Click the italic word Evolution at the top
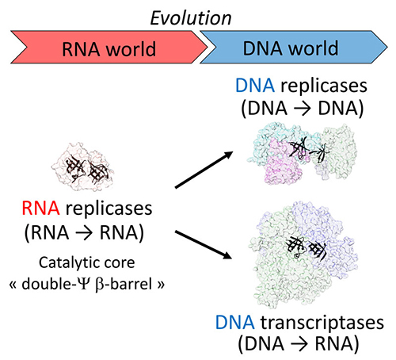click(x=191, y=18)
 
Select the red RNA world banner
click(x=109, y=47)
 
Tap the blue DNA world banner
click(x=294, y=47)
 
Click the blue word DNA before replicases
click(x=255, y=86)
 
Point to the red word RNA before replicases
click(x=40, y=209)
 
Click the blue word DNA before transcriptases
click(x=235, y=323)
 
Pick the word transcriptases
click(x=322, y=324)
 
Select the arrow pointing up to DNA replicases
click(x=204, y=170)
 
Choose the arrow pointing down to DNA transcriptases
click(x=204, y=245)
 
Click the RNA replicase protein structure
click(x=83, y=167)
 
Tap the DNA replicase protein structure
click(x=302, y=153)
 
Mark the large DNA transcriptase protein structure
click(x=303, y=255)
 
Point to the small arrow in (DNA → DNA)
click(x=303, y=109)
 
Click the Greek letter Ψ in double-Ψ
click(x=83, y=284)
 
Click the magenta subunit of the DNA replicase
click(x=283, y=165)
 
